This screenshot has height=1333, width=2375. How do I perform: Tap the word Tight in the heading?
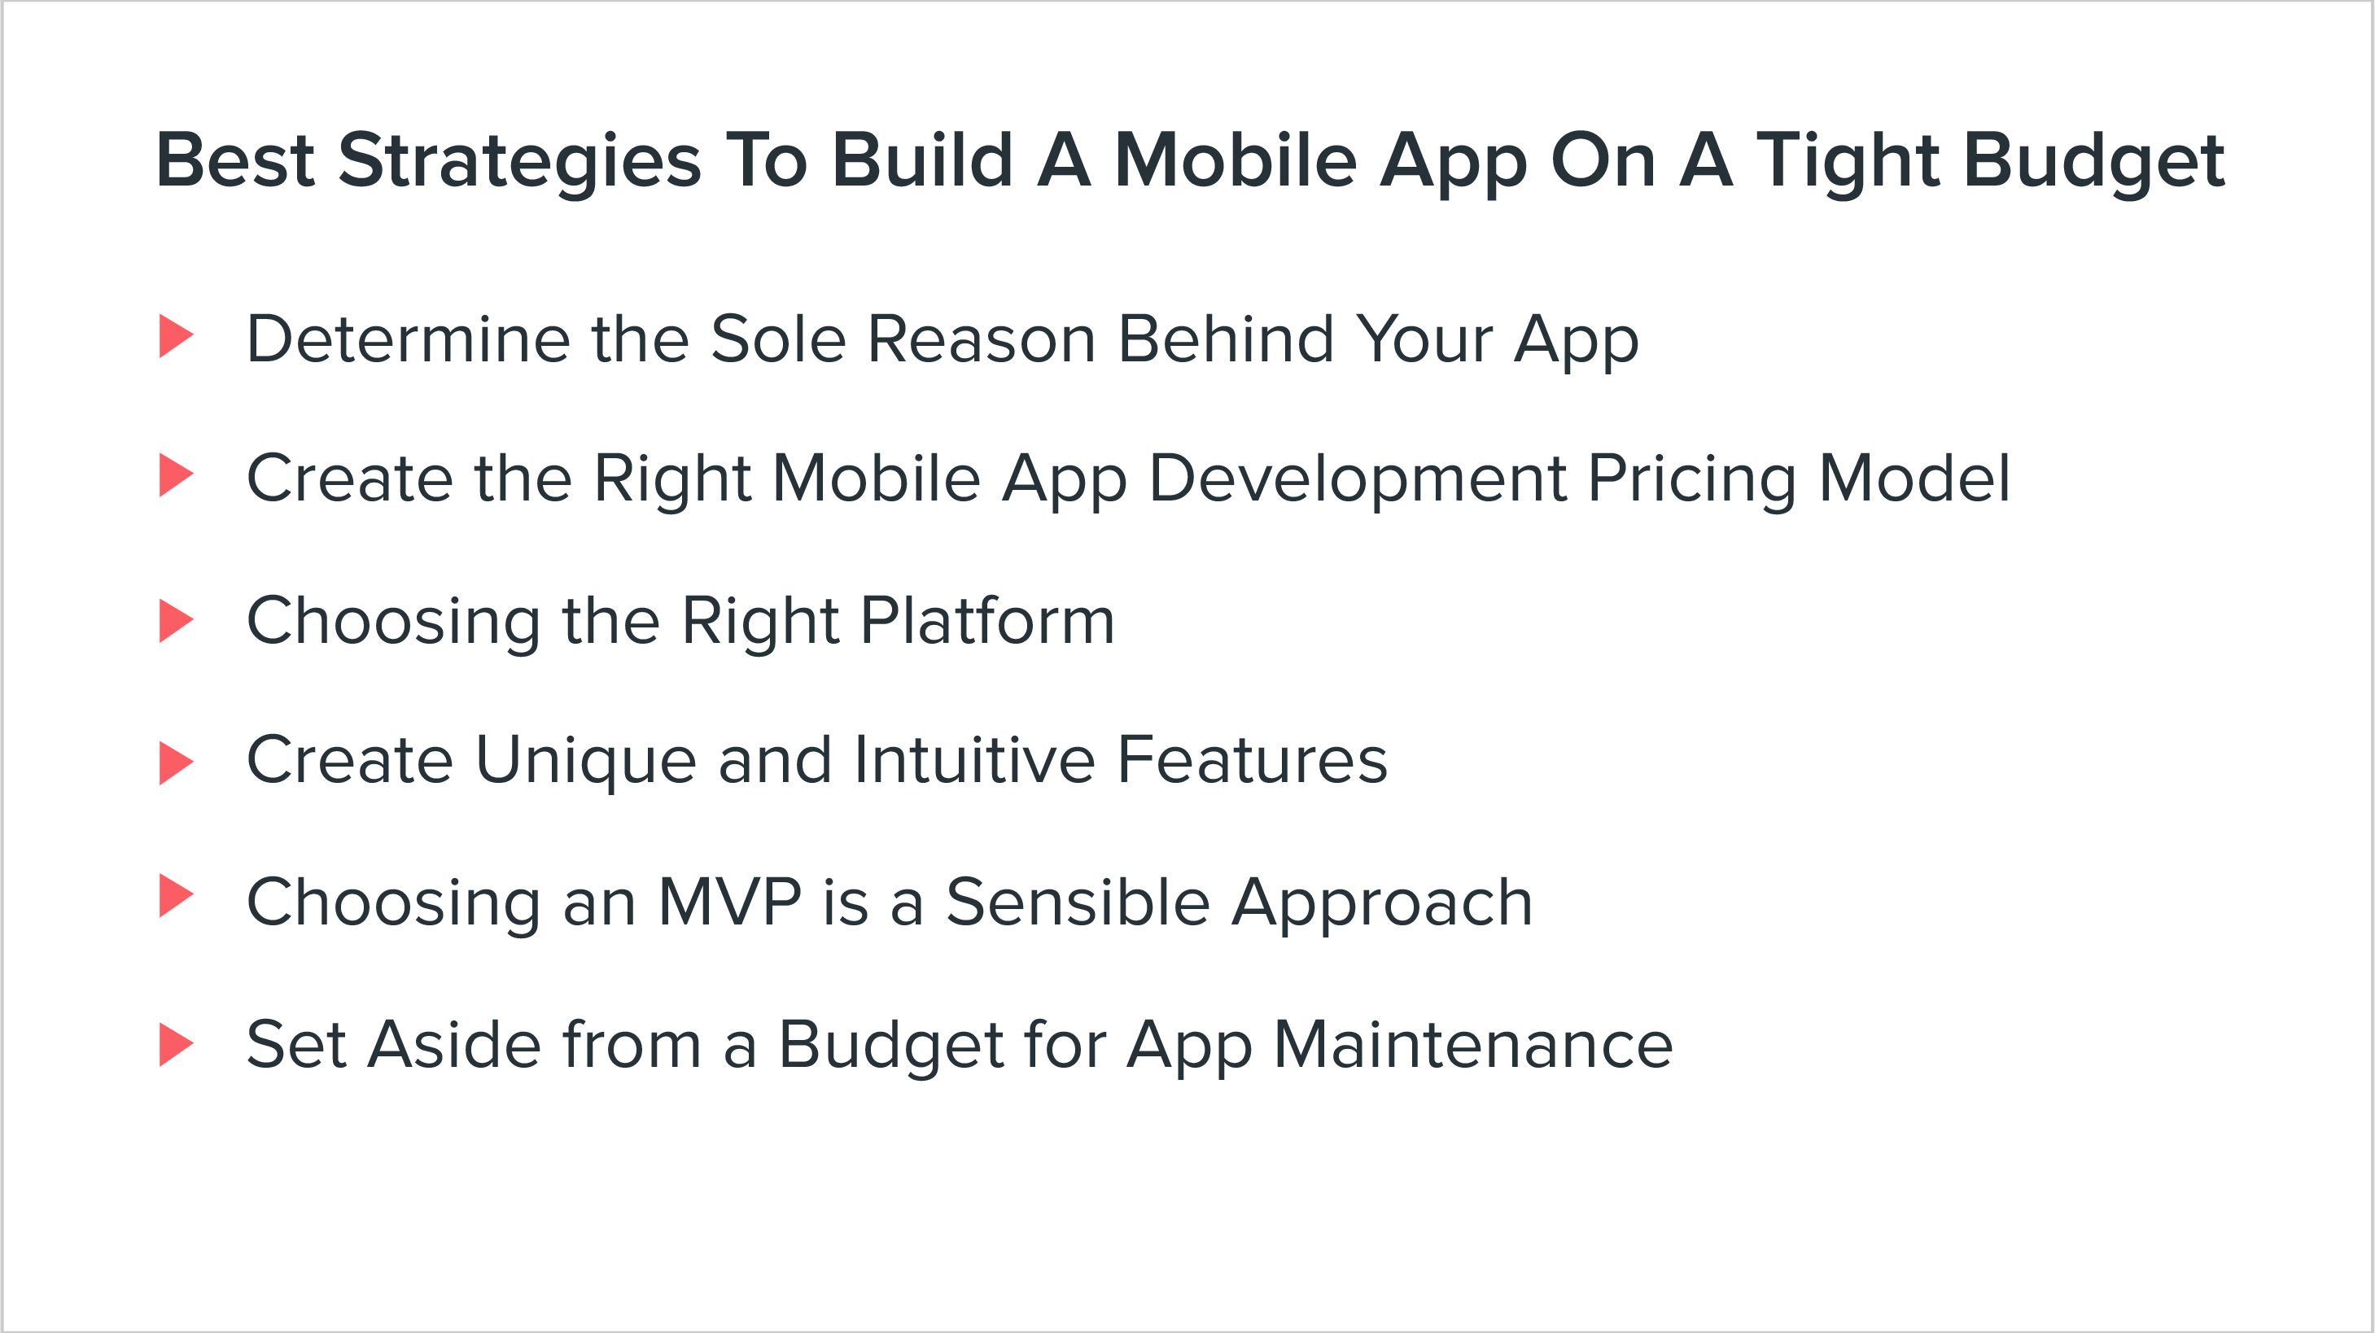tap(1848, 161)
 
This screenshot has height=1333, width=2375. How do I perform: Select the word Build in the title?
tap(921, 161)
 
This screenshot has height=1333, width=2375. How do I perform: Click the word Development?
tap(1357, 479)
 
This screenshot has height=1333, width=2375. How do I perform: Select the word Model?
tap(1914, 479)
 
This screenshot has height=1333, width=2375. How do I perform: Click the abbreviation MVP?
tap(728, 903)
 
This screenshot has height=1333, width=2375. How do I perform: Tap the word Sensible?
tap(1077, 903)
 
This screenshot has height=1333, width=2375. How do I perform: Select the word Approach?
tap(1382, 903)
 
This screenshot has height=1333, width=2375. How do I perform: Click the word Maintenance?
tap(1472, 1046)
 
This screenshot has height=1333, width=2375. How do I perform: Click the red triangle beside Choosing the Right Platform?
tap(174, 621)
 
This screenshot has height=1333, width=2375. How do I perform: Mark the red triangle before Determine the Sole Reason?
tap(174, 336)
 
